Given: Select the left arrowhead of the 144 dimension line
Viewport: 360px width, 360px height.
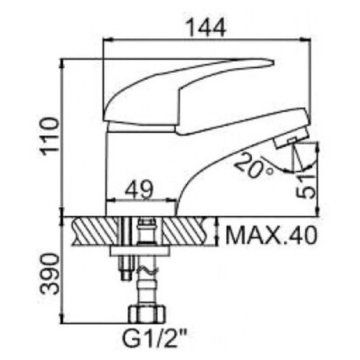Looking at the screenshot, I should tap(108, 37).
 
